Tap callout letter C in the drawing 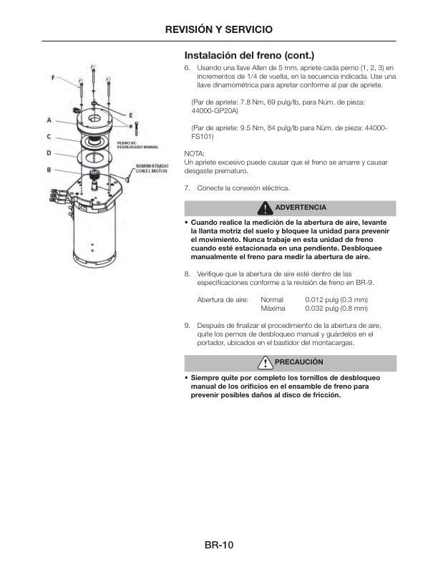tap(49, 136)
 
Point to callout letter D tap(49, 152)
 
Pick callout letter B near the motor tap(49, 170)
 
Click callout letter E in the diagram tap(131, 115)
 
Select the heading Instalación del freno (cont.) tap(249, 55)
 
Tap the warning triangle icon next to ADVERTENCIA tap(266, 208)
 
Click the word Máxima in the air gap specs tap(273, 309)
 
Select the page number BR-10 tap(219, 546)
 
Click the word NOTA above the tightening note tap(194, 154)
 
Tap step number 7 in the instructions tap(187, 188)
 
